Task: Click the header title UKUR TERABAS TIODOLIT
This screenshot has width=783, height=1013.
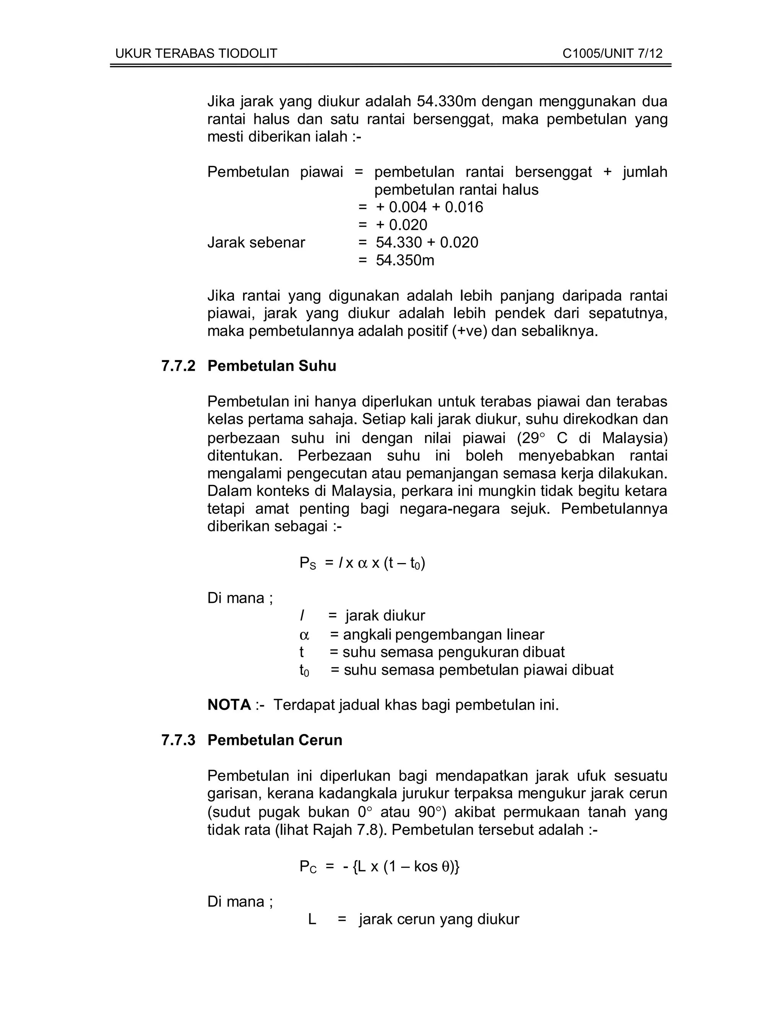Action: tap(196, 54)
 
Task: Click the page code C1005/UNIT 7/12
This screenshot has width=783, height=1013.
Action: tap(612, 54)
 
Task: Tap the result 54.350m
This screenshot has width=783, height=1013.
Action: tap(405, 261)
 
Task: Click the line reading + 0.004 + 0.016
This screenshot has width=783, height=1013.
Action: tap(429, 207)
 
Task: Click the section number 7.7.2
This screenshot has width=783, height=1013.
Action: tap(179, 366)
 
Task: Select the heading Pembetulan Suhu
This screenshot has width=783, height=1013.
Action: tap(272, 366)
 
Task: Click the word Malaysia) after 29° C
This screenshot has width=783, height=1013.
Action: tap(635, 438)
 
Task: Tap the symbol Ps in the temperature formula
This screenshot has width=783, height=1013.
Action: tap(307, 563)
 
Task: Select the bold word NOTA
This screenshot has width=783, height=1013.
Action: tap(229, 705)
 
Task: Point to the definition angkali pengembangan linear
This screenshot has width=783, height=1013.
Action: tap(443, 635)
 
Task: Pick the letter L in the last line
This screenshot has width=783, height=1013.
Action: tap(312, 919)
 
